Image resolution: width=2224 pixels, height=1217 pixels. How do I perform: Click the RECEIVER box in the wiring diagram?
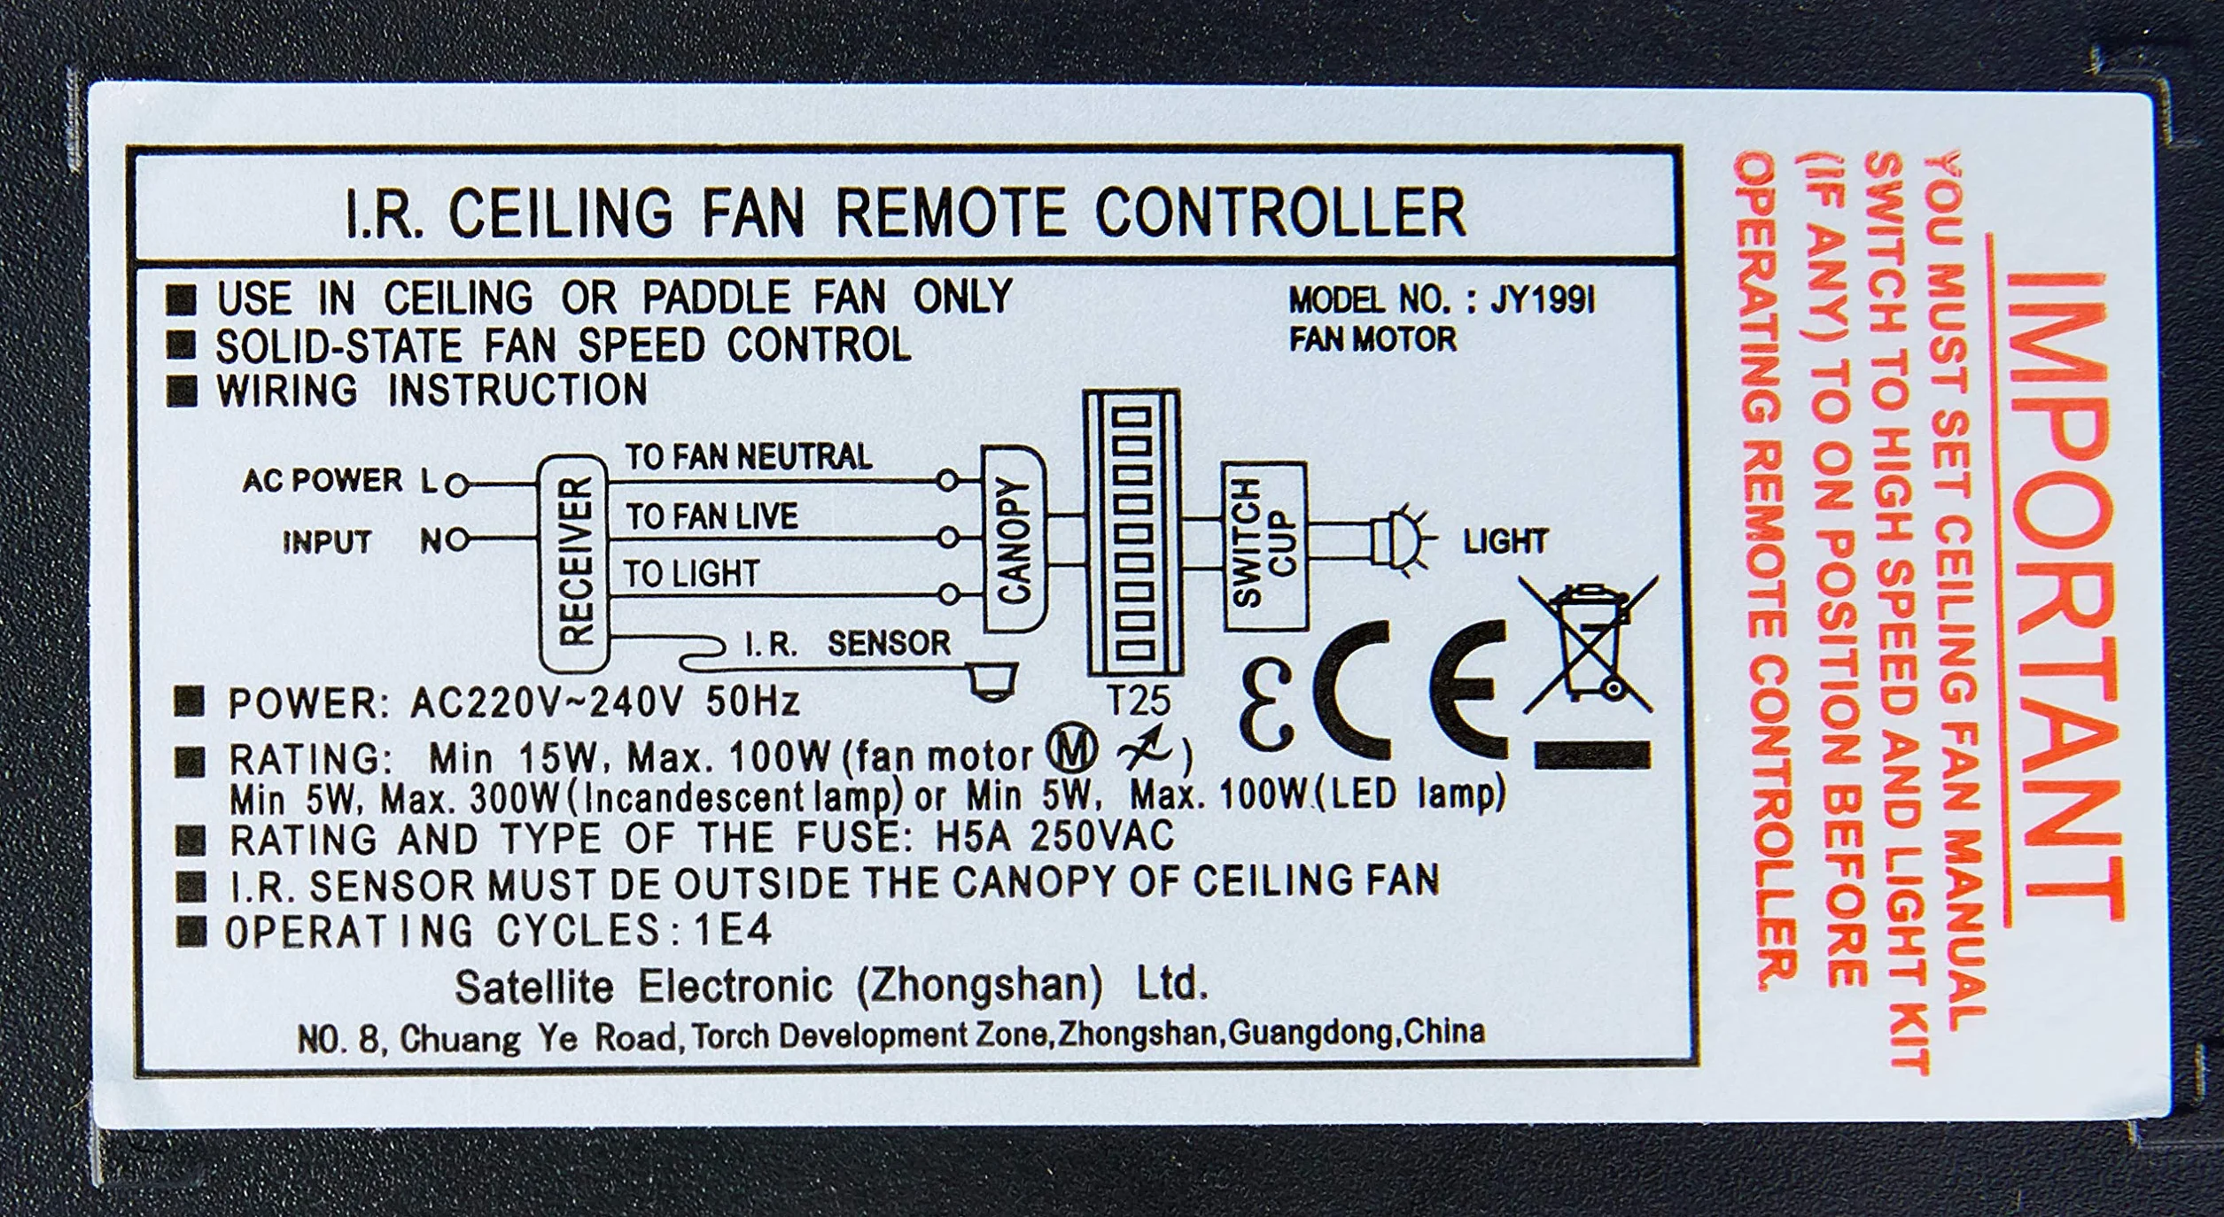point(574,563)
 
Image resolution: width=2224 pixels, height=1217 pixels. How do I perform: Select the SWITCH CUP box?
point(1264,546)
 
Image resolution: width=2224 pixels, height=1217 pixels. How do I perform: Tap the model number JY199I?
point(1543,301)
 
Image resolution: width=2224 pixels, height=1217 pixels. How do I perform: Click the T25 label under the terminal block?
point(1139,702)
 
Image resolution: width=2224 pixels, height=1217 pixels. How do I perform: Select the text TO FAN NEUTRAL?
point(749,457)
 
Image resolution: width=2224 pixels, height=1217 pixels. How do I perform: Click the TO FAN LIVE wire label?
point(712,516)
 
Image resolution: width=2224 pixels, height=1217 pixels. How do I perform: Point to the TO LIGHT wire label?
point(691,574)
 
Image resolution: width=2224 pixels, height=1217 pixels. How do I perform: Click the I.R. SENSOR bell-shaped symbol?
point(992,682)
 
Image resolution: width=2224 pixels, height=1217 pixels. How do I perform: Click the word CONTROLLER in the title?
point(1280,212)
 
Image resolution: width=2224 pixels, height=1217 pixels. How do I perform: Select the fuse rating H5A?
point(962,836)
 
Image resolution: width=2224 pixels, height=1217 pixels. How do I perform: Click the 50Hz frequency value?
point(752,702)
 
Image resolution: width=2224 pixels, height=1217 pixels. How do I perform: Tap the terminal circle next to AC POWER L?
point(457,485)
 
